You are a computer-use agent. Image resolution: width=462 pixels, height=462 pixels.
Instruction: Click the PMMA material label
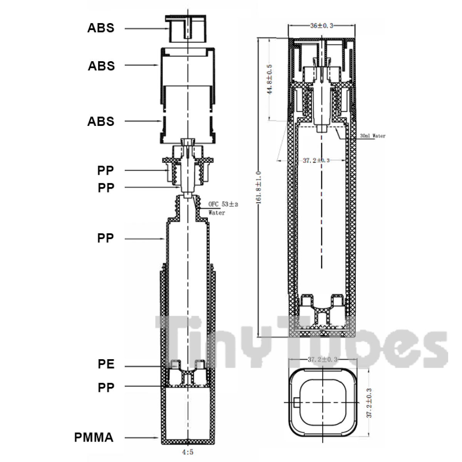click(94, 437)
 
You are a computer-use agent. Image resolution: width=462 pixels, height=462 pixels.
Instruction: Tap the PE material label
click(106, 364)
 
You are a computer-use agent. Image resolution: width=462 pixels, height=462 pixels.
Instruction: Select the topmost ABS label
click(100, 28)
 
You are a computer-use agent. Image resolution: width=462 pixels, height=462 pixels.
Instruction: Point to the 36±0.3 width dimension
click(321, 26)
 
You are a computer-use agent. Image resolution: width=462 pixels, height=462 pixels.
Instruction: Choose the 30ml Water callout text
click(372, 136)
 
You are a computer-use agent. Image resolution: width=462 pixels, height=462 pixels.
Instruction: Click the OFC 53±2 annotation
click(223, 204)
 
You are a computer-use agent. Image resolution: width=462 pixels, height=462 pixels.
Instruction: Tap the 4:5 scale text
click(187, 453)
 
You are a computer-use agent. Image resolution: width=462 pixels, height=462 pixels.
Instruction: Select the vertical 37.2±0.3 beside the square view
click(369, 402)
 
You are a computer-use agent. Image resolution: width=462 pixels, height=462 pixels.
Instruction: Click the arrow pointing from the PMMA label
click(142, 438)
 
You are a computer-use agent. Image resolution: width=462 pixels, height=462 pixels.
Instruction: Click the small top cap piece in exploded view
click(186, 29)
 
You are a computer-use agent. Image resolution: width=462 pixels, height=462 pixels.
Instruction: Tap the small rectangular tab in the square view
click(296, 402)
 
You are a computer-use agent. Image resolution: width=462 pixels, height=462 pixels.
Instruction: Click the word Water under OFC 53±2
click(217, 213)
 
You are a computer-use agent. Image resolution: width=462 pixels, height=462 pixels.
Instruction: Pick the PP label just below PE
click(106, 387)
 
